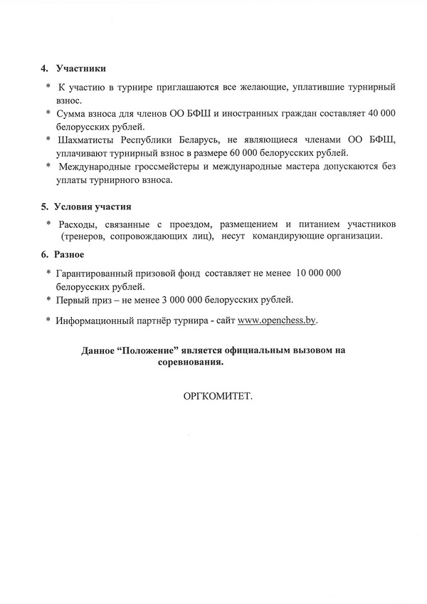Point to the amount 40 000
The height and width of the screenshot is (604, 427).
(380, 113)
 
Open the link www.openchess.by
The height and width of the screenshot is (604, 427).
(278, 321)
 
